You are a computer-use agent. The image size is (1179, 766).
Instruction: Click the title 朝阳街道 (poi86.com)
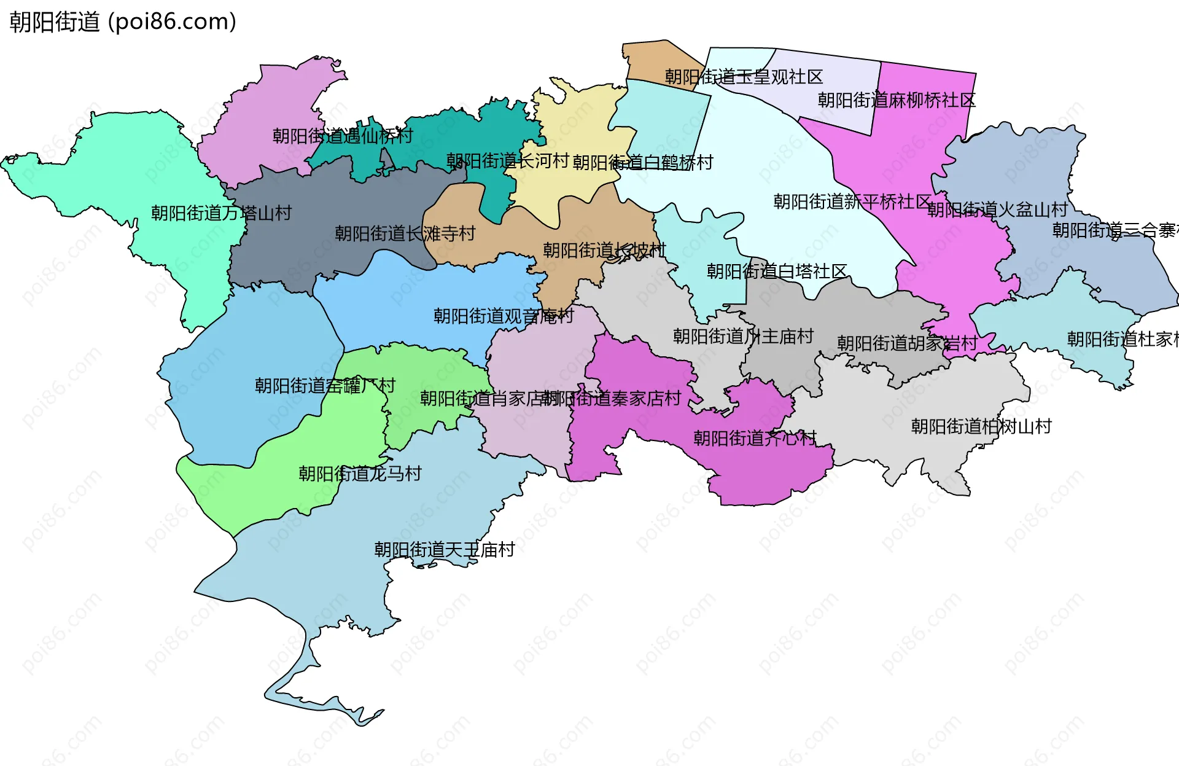[x=123, y=22]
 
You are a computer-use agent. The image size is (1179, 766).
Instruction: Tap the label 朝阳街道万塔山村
[x=221, y=213]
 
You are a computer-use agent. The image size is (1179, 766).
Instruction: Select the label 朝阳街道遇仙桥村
[x=343, y=136]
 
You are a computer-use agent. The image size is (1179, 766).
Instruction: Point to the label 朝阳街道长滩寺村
[x=405, y=233]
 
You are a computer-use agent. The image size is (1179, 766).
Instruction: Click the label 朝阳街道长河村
[x=508, y=161]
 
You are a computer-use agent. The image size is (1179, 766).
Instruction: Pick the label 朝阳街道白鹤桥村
[x=643, y=163]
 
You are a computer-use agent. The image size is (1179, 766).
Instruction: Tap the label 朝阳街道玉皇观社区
[x=744, y=77]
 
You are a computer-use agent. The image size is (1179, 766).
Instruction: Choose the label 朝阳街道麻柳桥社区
[x=897, y=100]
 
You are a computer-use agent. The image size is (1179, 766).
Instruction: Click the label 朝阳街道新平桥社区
[x=852, y=201]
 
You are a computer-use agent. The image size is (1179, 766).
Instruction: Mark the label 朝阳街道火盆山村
[x=997, y=210]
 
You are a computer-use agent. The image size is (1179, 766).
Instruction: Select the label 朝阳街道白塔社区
[x=777, y=271]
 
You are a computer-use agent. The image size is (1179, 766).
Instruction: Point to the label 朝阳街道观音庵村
[x=504, y=316]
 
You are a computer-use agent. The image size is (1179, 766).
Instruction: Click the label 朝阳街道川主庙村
[x=743, y=336]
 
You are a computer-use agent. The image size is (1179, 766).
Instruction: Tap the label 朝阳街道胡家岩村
[x=907, y=343]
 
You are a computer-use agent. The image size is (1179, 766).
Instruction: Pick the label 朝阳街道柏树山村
[x=981, y=426]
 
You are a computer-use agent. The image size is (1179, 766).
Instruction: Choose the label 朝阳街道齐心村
[x=755, y=438]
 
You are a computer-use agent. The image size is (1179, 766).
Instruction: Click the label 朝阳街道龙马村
[x=360, y=474]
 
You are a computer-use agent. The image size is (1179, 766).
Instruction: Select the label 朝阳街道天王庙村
[x=445, y=550]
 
